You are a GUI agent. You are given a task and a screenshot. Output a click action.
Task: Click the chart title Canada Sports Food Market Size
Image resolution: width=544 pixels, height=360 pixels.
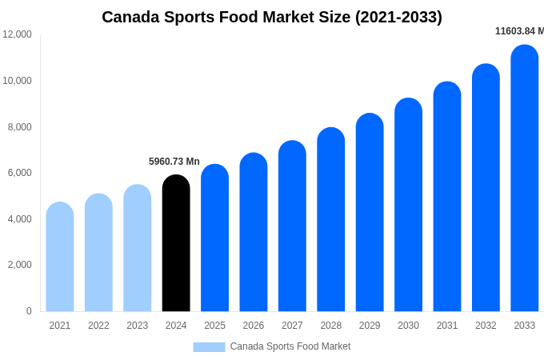point(271,17)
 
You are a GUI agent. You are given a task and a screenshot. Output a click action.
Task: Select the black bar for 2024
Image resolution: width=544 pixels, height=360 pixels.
point(176,244)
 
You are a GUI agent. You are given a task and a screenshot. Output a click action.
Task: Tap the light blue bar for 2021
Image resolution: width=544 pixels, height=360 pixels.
point(60,258)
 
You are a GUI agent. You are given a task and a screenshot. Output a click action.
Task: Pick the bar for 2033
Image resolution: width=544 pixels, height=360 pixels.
point(525,179)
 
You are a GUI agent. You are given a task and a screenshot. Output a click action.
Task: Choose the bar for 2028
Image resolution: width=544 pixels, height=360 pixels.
point(331,220)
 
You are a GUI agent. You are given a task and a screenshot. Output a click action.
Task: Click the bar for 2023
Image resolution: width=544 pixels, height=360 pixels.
point(138,249)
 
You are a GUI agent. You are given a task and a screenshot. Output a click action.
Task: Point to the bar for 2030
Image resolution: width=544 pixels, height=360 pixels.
point(408,206)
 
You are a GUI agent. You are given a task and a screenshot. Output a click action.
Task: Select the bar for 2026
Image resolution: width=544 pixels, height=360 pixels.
point(254,233)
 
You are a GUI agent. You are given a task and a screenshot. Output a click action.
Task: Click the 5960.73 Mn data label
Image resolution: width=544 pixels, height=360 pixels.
point(174,162)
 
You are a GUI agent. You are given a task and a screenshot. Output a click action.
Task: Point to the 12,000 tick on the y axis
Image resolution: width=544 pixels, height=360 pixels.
point(18,34)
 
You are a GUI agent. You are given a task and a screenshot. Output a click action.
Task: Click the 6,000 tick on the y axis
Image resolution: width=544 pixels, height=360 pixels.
point(20,173)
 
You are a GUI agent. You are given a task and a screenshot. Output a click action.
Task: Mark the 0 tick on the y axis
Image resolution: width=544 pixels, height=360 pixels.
point(29,311)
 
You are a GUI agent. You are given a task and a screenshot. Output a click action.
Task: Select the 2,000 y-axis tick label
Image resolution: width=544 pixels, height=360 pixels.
point(20,265)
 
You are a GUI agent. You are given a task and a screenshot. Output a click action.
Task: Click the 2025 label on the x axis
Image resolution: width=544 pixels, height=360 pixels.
point(214,326)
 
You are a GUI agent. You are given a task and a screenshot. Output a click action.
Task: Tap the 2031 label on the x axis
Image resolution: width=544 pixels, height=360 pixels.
point(447,326)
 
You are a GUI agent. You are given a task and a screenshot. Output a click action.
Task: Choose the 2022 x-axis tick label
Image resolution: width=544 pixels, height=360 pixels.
point(98,326)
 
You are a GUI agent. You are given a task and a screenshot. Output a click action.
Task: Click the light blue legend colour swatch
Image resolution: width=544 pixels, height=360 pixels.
point(209,347)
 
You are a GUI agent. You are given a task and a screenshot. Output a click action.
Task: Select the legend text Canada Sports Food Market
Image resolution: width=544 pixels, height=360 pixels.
point(290,346)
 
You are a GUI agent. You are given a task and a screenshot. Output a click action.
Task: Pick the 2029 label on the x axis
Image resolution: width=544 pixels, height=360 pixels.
point(370,326)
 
